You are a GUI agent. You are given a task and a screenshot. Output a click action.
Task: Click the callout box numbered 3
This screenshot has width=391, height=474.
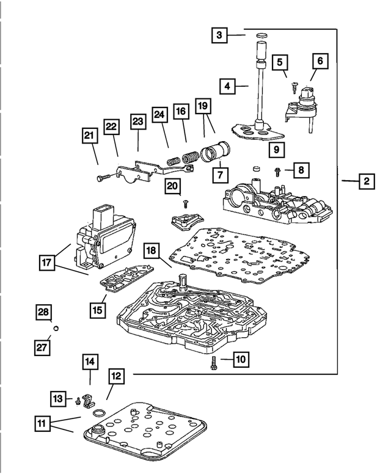(x=219, y=35)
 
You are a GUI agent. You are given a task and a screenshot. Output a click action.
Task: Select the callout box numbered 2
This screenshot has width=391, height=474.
(x=367, y=181)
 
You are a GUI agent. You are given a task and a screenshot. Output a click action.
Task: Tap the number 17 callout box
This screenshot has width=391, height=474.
(x=47, y=263)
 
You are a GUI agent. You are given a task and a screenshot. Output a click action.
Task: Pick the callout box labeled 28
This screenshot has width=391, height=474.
(x=43, y=312)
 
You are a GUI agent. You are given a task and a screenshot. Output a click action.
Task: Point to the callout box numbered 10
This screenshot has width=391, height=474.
(x=241, y=359)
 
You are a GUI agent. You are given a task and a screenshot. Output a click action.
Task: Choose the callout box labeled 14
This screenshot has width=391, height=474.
(x=90, y=362)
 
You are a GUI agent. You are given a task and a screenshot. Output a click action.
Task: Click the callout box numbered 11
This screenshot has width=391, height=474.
(x=42, y=423)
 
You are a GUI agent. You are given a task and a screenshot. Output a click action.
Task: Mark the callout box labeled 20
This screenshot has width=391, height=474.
(x=172, y=186)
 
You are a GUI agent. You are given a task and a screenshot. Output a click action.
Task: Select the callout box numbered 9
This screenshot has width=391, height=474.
(x=276, y=149)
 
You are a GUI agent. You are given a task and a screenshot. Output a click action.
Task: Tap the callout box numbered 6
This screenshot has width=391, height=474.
(x=320, y=61)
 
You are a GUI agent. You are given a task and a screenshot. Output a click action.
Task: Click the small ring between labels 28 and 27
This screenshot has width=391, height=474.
(x=56, y=328)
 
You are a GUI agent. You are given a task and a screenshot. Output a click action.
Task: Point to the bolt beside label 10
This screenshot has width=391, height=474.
(x=214, y=363)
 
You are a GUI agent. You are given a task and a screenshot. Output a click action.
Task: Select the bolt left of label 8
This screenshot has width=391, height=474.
(x=277, y=172)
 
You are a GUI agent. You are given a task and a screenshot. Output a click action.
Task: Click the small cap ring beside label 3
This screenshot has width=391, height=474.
(x=262, y=36)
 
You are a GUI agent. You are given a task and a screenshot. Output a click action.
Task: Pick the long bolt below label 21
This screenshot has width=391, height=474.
(x=108, y=177)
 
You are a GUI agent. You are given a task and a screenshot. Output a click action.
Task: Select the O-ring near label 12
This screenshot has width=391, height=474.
(x=99, y=413)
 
